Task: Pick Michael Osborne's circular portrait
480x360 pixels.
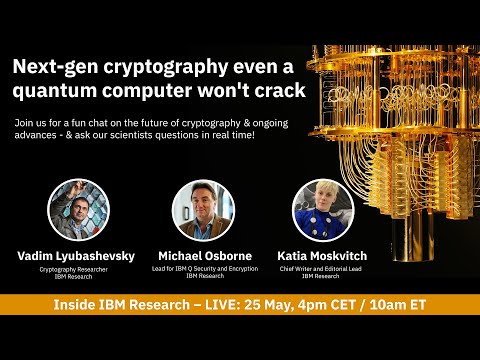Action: point(203,209)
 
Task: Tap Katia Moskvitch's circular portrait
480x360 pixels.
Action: point(322,209)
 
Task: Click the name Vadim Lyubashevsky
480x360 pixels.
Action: point(76,256)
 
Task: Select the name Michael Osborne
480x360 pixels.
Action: point(203,256)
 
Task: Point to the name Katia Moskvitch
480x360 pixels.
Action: point(322,256)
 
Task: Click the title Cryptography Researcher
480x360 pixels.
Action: point(76,268)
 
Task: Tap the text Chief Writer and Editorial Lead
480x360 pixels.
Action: point(322,268)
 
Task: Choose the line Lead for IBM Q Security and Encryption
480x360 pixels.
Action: point(203,268)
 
